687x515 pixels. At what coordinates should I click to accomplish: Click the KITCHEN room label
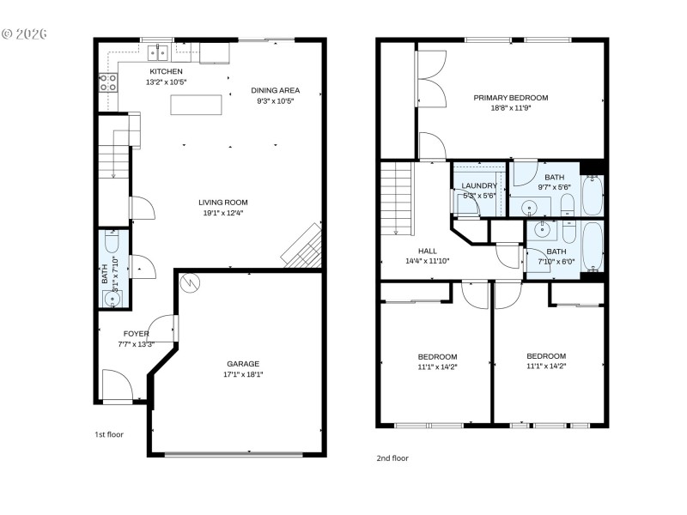[167, 71]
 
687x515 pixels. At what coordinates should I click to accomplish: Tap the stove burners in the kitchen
[108, 83]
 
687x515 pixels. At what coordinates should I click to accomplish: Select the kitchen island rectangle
[195, 105]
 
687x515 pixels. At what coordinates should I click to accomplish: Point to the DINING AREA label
[275, 90]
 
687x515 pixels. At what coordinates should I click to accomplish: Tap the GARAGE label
[242, 363]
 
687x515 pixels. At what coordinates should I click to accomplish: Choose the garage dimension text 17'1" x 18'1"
[242, 374]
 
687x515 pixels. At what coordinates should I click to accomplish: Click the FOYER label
[136, 333]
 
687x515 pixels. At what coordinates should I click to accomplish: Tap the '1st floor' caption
[109, 434]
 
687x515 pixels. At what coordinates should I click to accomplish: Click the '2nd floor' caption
[392, 457]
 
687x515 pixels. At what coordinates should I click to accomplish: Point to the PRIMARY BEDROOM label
[510, 98]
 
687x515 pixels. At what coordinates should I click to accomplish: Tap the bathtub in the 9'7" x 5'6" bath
[593, 196]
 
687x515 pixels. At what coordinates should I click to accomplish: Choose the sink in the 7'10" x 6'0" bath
[542, 228]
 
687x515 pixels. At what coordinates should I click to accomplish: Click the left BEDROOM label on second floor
[437, 356]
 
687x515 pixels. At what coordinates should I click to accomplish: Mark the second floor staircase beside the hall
[396, 198]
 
